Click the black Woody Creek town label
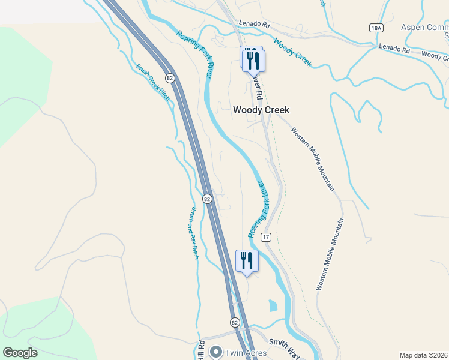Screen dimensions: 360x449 [261, 110]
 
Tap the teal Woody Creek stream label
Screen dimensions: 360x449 [293, 53]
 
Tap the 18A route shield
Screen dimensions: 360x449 [376, 28]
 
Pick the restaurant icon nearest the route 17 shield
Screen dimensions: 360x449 [247, 261]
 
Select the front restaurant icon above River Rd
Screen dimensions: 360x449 [253, 61]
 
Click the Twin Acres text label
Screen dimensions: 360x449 [246, 353]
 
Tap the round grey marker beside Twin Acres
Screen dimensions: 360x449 [216, 353]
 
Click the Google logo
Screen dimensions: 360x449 [20, 353]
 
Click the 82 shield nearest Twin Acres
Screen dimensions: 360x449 [234, 322]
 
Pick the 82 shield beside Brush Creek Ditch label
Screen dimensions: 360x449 [170, 78]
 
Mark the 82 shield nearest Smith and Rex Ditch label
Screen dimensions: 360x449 [207, 199]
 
